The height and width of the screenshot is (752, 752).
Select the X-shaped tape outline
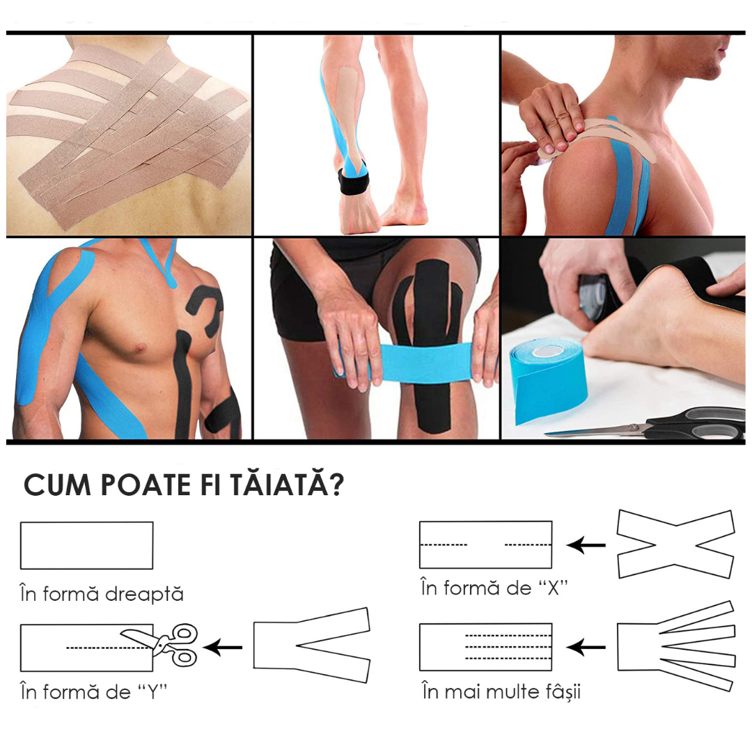point(675,544)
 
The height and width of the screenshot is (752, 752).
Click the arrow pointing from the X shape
point(586,545)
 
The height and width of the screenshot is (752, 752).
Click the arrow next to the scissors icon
point(223,648)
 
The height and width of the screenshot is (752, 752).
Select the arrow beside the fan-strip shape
point(586,647)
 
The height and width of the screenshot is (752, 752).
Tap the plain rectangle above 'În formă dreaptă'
point(87,545)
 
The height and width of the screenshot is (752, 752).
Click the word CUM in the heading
point(57,485)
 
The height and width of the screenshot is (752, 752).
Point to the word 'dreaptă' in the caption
point(144,594)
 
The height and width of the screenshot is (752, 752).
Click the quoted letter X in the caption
point(553,588)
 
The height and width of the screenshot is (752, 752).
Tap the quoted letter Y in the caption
point(152,691)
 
